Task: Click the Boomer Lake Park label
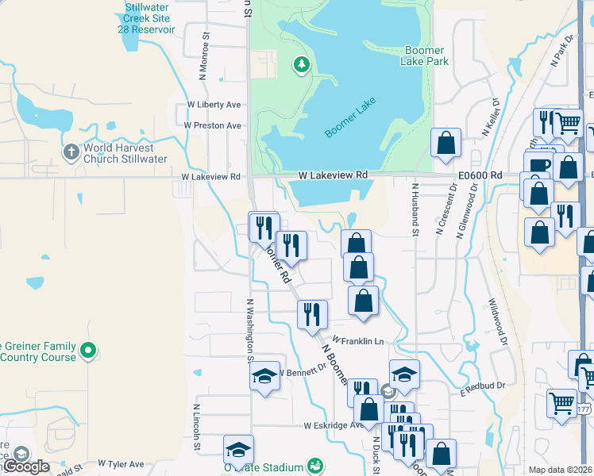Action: click(x=426, y=55)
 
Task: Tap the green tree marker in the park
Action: click(x=301, y=64)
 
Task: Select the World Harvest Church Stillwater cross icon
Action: click(x=70, y=151)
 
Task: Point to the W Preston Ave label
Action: click(x=212, y=125)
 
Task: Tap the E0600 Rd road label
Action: click(x=480, y=175)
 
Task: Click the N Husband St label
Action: click(x=415, y=209)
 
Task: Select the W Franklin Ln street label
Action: click(x=358, y=340)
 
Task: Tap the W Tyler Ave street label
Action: click(x=121, y=463)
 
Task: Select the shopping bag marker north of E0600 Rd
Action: click(x=446, y=143)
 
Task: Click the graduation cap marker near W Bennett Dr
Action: click(x=265, y=375)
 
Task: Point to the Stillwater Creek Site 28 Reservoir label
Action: click(x=150, y=18)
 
